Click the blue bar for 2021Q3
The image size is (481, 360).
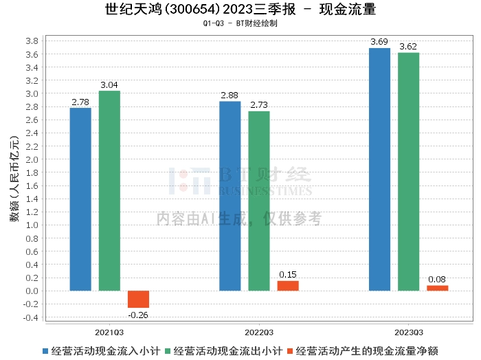click(80, 199)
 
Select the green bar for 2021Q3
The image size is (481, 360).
click(109, 191)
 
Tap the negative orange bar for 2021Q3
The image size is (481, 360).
click(138, 299)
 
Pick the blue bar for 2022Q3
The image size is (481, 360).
click(230, 196)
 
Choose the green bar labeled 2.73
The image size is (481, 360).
click(259, 201)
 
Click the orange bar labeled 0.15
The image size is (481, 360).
click(288, 286)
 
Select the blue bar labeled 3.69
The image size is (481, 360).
click(380, 169)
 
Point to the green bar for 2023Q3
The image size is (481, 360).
click(409, 172)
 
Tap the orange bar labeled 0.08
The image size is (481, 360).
click(438, 288)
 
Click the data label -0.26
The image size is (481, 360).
click(138, 315)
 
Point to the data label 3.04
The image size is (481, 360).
click(109, 85)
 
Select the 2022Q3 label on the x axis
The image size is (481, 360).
click(259, 333)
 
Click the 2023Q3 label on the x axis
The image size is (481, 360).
click(409, 333)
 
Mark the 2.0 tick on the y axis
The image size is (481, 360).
click(32, 159)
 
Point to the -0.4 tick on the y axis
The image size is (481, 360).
click(30, 317)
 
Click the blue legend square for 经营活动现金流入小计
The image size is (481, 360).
click(45, 351)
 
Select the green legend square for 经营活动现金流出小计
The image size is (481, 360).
click(168, 351)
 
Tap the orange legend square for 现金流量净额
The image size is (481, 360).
click(290, 351)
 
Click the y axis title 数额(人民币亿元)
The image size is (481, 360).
click(14, 179)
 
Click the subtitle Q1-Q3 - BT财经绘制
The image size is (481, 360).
click(240, 23)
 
